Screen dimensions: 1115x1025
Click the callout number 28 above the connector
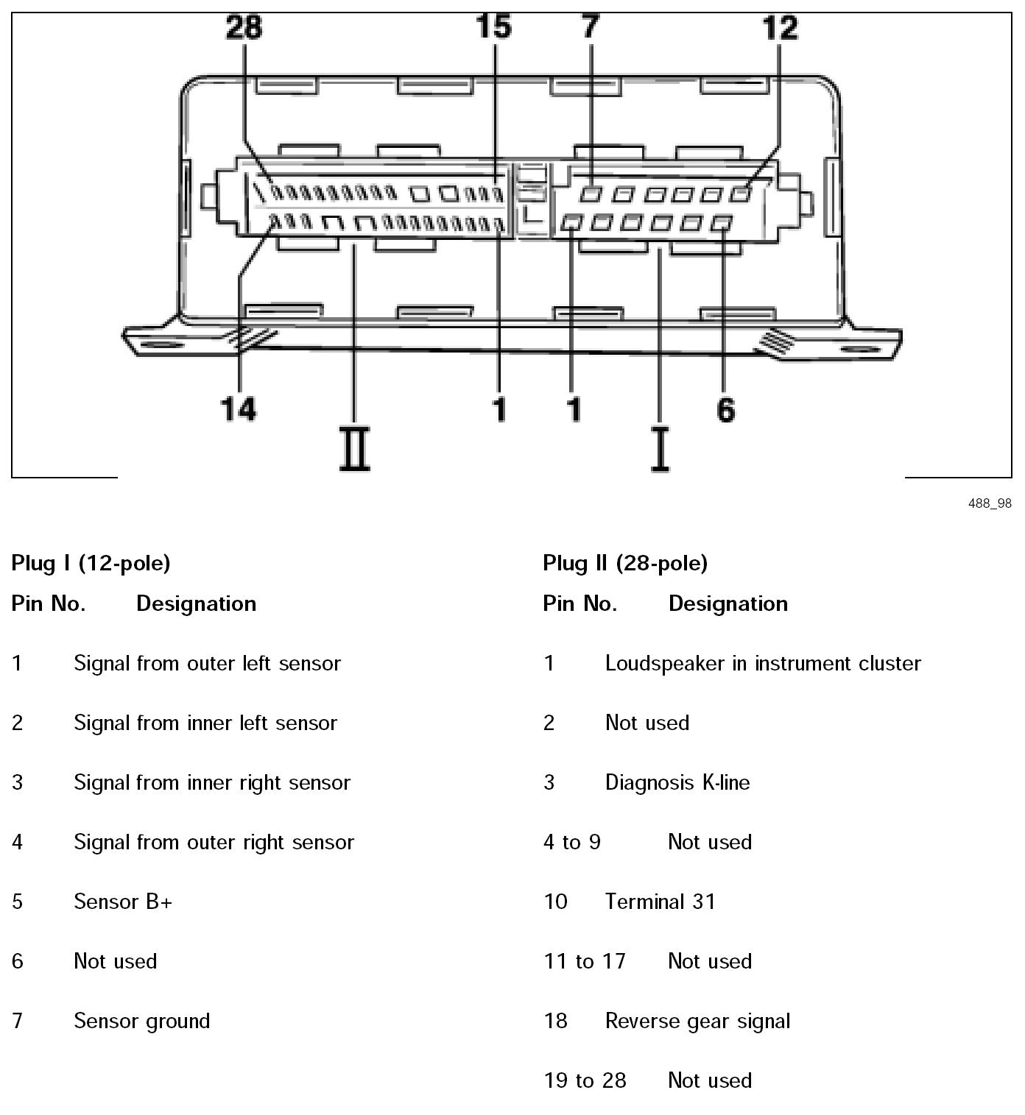[x=244, y=28]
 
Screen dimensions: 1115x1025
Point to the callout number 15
[x=493, y=28]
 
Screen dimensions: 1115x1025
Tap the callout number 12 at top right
[x=780, y=28]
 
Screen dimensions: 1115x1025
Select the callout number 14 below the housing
[x=239, y=408]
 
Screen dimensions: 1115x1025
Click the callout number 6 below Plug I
[x=725, y=409]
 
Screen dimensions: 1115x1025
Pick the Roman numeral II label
[x=355, y=450]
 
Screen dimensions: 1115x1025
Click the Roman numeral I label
[x=660, y=450]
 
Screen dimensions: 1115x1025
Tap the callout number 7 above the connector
[x=591, y=28]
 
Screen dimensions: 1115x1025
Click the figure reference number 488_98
[x=990, y=503]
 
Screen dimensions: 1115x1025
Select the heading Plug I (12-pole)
[x=91, y=564]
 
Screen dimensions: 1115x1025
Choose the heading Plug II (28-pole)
[x=625, y=564]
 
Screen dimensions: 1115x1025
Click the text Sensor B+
[x=123, y=902]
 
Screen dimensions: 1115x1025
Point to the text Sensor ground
[x=142, y=1021]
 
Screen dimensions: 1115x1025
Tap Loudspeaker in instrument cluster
[x=763, y=664]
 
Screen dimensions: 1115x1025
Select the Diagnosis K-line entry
[x=677, y=782]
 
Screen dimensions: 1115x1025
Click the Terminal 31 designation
[x=660, y=902]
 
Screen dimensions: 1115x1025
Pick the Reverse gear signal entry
[x=697, y=1021]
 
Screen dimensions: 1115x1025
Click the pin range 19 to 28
[x=585, y=1080]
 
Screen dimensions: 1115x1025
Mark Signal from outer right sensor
[x=214, y=842]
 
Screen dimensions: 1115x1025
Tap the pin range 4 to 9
[x=572, y=842]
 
